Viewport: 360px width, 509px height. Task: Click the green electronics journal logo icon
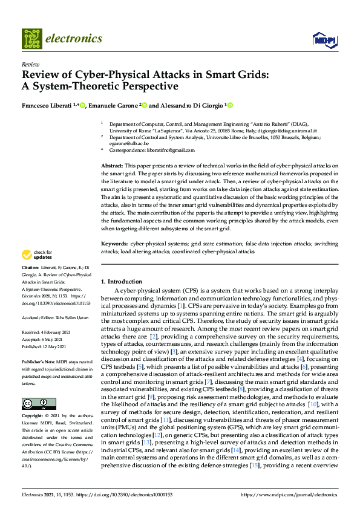click(33, 39)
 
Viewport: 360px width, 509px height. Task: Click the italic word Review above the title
click(30, 63)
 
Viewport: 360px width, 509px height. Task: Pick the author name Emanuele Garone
click(114, 105)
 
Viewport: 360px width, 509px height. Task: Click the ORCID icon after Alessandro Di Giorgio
click(230, 105)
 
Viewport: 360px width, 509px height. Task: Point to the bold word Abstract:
click(112, 166)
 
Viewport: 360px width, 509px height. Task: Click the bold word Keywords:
click(114, 243)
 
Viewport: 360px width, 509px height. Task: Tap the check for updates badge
click(37, 255)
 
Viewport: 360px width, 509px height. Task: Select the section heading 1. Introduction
click(122, 282)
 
